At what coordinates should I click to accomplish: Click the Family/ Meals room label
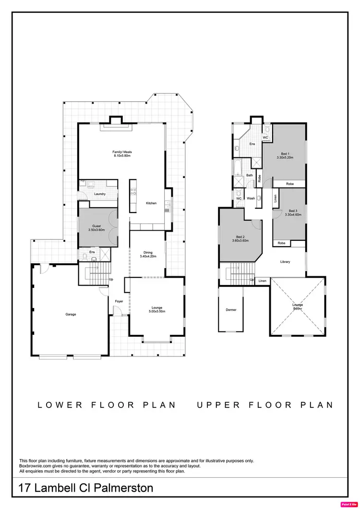(122, 152)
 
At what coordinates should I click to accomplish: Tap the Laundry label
(100, 194)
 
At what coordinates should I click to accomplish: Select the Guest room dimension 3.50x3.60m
(96, 230)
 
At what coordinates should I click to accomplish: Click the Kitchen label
(151, 203)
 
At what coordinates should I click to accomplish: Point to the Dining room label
(148, 252)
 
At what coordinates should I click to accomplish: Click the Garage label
(71, 314)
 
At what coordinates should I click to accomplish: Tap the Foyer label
(119, 301)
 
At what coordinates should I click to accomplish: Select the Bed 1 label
(285, 154)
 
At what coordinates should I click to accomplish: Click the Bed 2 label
(240, 237)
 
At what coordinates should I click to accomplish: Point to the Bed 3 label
(293, 211)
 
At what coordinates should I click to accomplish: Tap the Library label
(285, 262)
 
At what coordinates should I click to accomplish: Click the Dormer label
(231, 310)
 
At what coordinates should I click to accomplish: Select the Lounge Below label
(298, 307)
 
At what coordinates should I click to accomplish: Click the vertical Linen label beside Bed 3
(276, 198)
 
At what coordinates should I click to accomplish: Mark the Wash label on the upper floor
(251, 198)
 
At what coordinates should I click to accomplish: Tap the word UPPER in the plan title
(217, 405)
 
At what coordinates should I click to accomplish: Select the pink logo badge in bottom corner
(348, 504)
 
